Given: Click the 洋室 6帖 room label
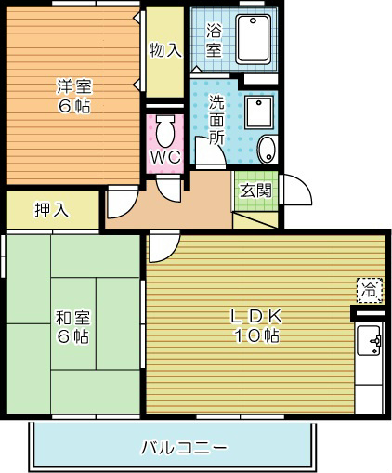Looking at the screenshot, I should [x=72, y=97].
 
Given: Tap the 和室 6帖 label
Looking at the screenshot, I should [x=72, y=326].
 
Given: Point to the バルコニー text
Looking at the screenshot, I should [x=183, y=448].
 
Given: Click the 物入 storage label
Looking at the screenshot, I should [x=165, y=49].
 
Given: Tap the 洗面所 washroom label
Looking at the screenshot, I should [x=216, y=119].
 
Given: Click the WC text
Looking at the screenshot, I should [x=165, y=157].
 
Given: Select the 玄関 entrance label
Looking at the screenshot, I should [x=255, y=191].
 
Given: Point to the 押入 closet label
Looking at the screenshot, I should [x=51, y=209].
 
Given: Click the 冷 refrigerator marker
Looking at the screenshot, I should [x=369, y=290].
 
